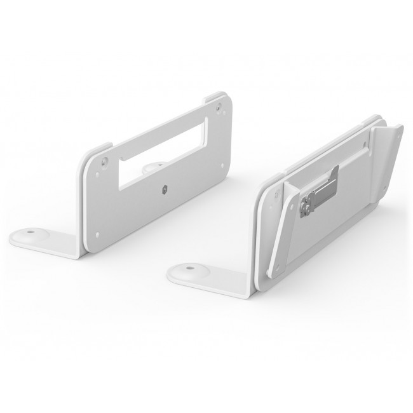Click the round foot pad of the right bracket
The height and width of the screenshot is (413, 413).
coord(191,272)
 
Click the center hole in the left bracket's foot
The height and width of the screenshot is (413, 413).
coord(30,234)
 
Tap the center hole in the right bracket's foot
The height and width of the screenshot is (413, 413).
coord(191,271)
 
